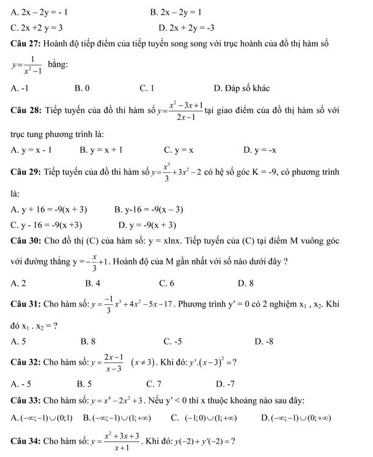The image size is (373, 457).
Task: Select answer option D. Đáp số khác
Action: pos(242,89)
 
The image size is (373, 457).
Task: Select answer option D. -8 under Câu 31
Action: pos(263,341)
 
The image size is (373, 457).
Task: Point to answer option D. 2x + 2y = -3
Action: pos(186,27)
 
